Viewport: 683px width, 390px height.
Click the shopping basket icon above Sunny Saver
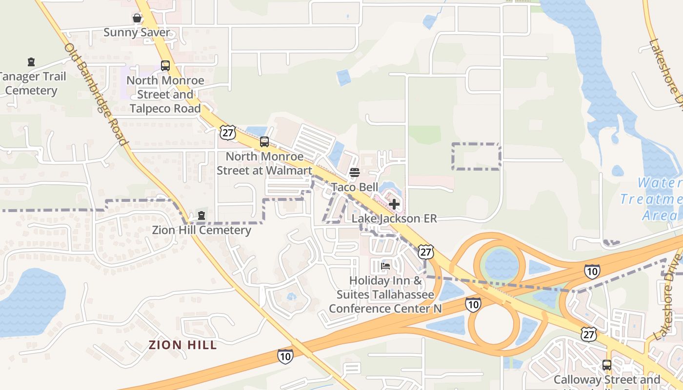[x=137, y=19]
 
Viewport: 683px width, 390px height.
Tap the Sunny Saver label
[x=137, y=33]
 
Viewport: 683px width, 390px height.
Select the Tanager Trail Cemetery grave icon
[x=31, y=62]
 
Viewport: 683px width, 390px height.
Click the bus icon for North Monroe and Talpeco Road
[x=165, y=66]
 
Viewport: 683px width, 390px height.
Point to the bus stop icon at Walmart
[x=264, y=142]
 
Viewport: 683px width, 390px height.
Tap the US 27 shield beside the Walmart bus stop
[x=227, y=132]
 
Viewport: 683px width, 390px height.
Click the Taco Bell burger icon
[x=355, y=173]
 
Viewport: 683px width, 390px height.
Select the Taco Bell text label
[x=355, y=187]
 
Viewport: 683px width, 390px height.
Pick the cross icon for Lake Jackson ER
[x=394, y=204]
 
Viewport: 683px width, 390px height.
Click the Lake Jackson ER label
[x=394, y=218]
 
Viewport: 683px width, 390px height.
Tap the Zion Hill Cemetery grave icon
[x=201, y=215]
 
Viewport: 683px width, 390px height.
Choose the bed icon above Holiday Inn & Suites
[x=385, y=266]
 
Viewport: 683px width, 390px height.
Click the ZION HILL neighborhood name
[x=182, y=345]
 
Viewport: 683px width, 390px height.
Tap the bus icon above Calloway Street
[x=607, y=365]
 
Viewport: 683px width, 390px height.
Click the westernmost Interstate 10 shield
[x=285, y=356]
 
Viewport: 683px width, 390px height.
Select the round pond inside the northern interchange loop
[x=502, y=265]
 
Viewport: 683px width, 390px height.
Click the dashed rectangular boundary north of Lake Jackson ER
[x=476, y=156]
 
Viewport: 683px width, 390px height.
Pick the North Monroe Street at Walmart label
[x=264, y=164]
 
